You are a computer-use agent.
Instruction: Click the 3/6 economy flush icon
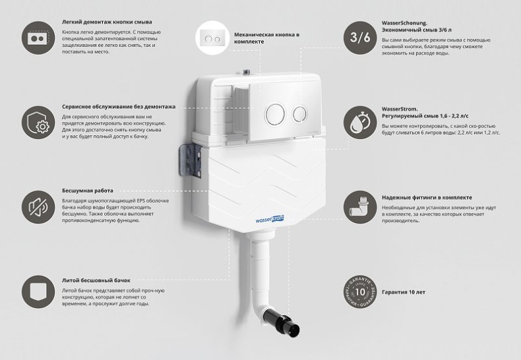(360, 38)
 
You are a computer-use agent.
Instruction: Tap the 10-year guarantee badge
(360, 291)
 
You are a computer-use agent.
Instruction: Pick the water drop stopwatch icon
(360, 123)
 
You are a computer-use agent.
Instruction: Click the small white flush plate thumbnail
(212, 38)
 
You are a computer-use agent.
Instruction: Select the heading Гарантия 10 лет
(402, 292)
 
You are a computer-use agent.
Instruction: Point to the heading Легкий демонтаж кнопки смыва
(102, 22)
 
